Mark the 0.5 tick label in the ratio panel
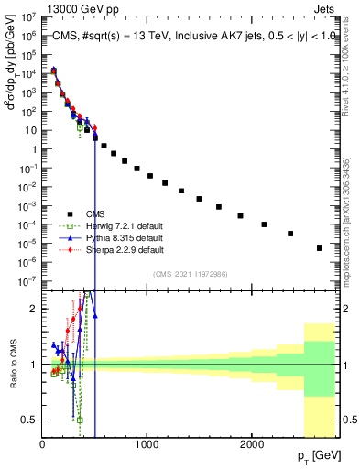click(x=28, y=420)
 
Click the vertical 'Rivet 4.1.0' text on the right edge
click(x=351, y=73)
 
